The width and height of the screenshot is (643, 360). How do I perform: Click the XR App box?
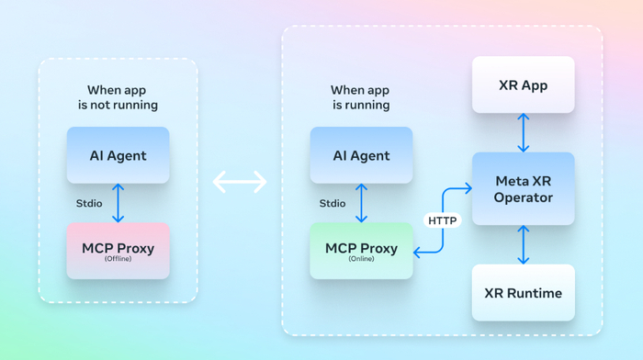tap(524, 84)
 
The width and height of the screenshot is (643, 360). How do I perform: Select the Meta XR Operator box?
tap(524, 188)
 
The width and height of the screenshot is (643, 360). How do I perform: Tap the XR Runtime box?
tap(524, 293)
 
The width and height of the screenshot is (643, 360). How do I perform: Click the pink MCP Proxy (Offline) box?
tap(118, 251)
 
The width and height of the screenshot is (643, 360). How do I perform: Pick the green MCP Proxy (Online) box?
tap(361, 251)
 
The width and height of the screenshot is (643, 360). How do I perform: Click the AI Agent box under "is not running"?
tap(118, 155)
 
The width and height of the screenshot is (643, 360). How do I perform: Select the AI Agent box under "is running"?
tap(361, 155)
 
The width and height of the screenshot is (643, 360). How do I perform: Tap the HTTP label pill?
tap(443, 220)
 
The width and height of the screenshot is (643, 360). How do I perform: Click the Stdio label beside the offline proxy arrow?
tap(89, 203)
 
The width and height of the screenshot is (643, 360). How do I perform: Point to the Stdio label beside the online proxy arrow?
tap(333, 203)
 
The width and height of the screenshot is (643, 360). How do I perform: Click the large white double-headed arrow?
tap(240, 182)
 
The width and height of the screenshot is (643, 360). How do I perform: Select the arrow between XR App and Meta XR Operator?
tap(524, 133)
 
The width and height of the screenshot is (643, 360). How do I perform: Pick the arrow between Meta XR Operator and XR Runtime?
tap(524, 245)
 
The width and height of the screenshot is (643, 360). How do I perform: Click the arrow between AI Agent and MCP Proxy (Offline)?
tap(118, 203)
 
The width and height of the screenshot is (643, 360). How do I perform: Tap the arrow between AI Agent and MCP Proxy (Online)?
tap(361, 203)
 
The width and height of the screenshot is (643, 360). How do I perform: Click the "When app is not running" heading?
tap(118, 97)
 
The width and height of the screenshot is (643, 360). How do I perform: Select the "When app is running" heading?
tap(360, 97)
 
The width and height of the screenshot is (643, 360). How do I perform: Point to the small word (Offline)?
tap(118, 259)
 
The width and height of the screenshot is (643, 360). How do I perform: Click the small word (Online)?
tap(361, 259)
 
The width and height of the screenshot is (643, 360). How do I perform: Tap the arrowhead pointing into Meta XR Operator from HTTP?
tap(468, 188)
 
